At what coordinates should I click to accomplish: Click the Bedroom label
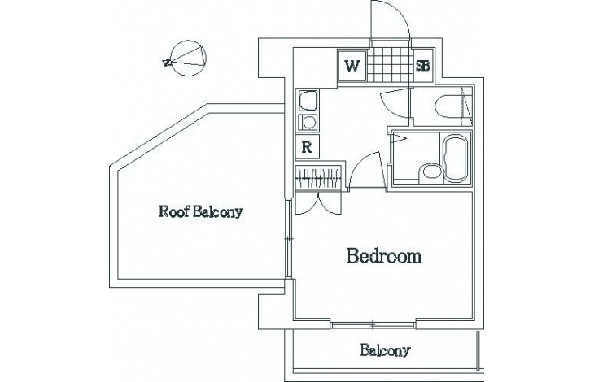point(384,256)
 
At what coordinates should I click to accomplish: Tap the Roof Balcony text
point(201,211)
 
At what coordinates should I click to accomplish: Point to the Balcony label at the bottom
point(385,350)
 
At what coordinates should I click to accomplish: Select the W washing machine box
point(352,66)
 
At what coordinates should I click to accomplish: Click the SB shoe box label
point(423,66)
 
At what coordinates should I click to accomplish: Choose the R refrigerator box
point(308,147)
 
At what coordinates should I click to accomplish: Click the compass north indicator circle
point(188,59)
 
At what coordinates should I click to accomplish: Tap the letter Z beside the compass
point(165,63)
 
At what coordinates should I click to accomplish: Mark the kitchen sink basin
point(308,100)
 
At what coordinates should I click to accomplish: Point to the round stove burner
point(309,122)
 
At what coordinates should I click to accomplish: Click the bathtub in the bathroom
point(456,158)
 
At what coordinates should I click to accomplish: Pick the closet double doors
point(319,203)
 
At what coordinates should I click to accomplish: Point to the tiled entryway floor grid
point(390,66)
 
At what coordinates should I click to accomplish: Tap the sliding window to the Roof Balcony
point(290,239)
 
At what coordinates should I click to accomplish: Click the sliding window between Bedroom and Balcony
point(373,324)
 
